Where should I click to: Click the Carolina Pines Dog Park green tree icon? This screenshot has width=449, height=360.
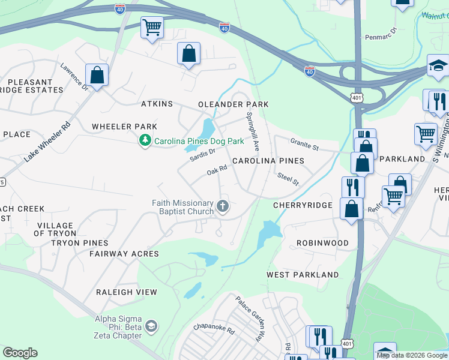(x=145, y=141)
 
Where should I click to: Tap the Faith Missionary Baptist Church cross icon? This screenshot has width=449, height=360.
(x=223, y=207)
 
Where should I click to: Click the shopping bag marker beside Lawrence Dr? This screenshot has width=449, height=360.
(x=97, y=76)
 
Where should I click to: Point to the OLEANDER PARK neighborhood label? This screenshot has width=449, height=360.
(x=233, y=104)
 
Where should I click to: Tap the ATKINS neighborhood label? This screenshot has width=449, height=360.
(x=157, y=104)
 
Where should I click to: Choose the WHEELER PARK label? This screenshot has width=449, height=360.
(x=124, y=127)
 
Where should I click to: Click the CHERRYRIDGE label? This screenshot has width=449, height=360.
(x=303, y=205)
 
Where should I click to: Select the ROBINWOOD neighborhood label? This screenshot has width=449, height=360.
(x=322, y=243)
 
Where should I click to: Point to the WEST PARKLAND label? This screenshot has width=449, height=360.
(x=303, y=275)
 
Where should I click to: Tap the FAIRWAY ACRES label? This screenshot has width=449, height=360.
(x=124, y=254)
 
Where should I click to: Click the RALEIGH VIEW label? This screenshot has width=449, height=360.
(x=127, y=292)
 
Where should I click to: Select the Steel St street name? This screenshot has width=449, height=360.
(x=288, y=178)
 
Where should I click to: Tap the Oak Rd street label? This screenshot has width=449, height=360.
(x=217, y=171)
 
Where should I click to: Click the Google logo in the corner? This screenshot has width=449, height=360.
(x=20, y=353)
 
